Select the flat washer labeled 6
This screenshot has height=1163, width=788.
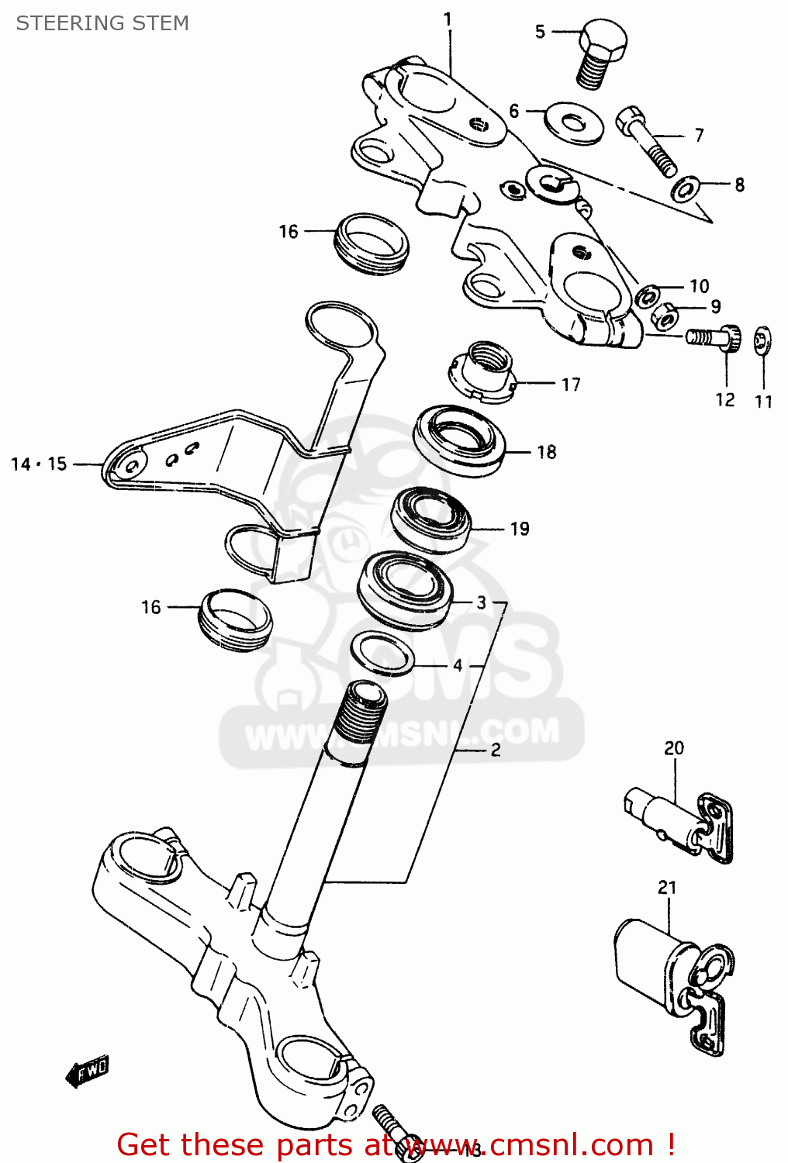(x=574, y=122)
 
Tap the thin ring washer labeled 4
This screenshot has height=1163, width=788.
(x=382, y=653)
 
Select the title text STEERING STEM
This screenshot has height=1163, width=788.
(x=102, y=23)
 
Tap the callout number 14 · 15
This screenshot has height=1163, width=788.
(x=39, y=464)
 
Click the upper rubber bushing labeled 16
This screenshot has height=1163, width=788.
(x=372, y=243)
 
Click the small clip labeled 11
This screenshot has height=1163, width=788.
(x=763, y=340)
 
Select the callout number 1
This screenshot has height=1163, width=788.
(x=448, y=19)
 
